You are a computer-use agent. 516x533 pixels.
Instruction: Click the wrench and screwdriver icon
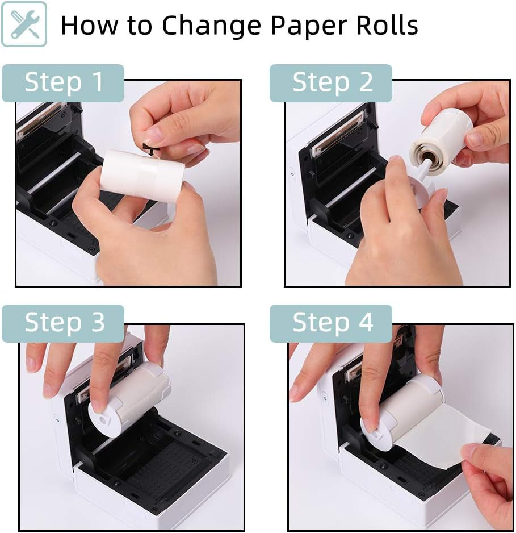[x=24, y=24]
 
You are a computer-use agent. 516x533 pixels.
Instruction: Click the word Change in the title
[x=212, y=25]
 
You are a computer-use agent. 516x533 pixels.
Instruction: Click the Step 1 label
[x=63, y=82]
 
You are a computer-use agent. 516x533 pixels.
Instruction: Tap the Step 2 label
[x=331, y=82]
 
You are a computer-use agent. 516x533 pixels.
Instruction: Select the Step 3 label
[x=63, y=323]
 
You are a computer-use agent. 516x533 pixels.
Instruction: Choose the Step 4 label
[x=331, y=323]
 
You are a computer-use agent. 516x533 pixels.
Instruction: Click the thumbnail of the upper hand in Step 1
[x=153, y=136]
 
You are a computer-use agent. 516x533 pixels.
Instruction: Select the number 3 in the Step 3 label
[x=97, y=323]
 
